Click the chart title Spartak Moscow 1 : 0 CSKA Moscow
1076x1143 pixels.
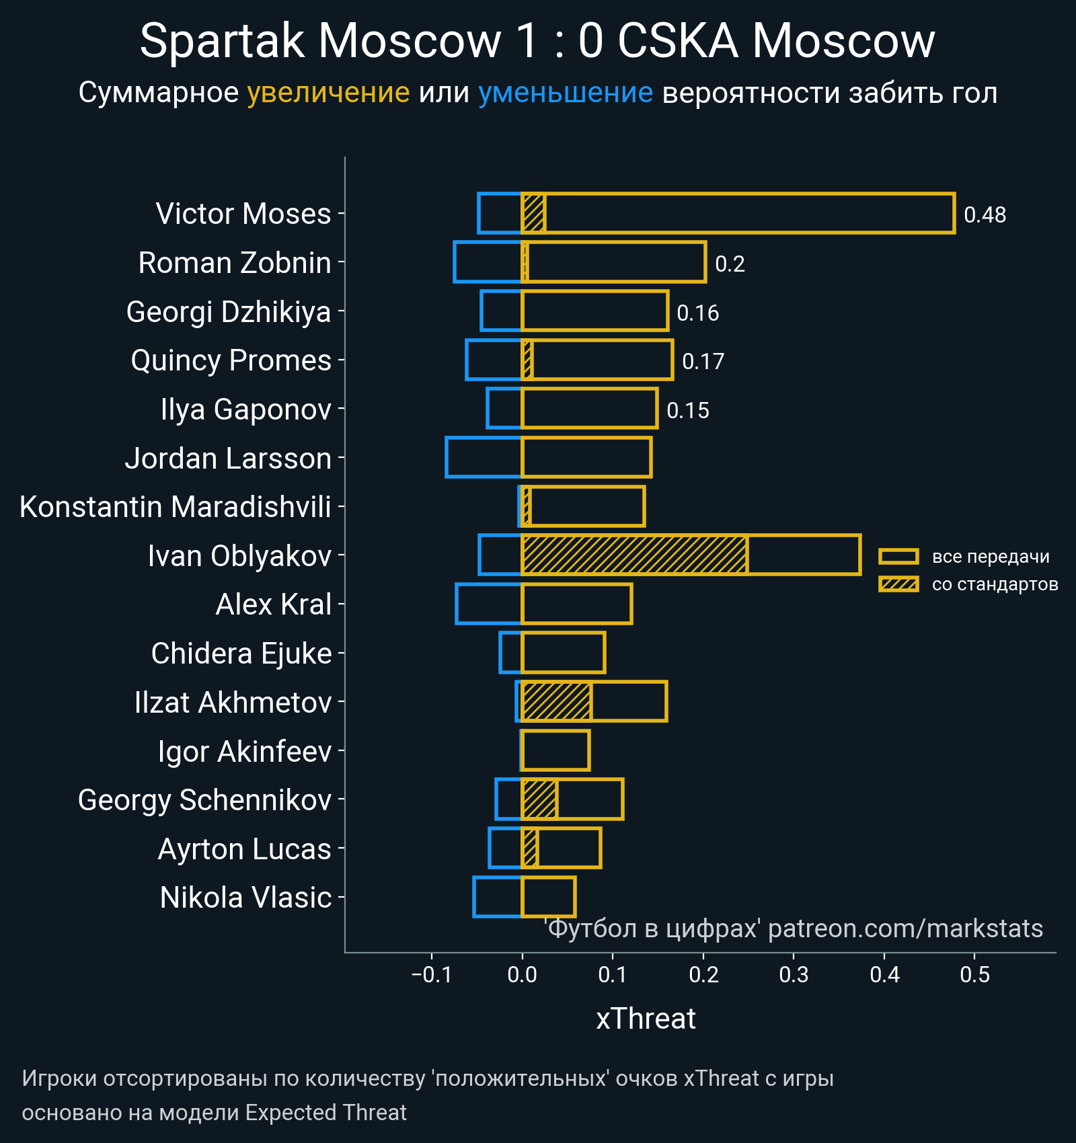pyautogui.click(x=537, y=41)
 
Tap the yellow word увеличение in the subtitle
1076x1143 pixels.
pyautogui.click(x=328, y=93)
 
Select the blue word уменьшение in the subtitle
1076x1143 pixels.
pyautogui.click(x=565, y=93)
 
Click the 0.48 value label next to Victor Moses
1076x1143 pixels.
pyautogui.click(x=985, y=214)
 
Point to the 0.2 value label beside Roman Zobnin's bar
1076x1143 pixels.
pyautogui.click(x=730, y=264)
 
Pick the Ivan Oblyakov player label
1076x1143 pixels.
pyautogui.click(x=239, y=556)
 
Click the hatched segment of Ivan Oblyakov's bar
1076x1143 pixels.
pyautogui.click(x=634, y=555)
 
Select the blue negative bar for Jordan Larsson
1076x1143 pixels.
pyautogui.click(x=484, y=457)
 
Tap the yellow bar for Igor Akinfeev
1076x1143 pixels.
pyautogui.click(x=555, y=750)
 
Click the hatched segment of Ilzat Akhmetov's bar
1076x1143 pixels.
pyautogui.click(x=557, y=701)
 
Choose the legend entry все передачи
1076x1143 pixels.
pyautogui.click(x=990, y=557)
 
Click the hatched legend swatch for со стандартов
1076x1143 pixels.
pyautogui.click(x=898, y=584)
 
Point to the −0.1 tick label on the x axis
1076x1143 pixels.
pyautogui.click(x=432, y=974)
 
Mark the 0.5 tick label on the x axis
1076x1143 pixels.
pyautogui.click(x=974, y=974)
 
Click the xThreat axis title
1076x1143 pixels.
pyautogui.click(x=646, y=1019)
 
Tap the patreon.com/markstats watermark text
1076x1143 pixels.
pyautogui.click(x=905, y=929)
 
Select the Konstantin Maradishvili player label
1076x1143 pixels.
pyautogui.click(x=176, y=507)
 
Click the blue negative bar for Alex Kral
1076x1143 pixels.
pyautogui.click(x=489, y=604)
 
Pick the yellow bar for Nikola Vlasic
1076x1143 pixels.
pyautogui.click(x=549, y=897)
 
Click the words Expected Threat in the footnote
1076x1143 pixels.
pyautogui.click(x=325, y=1113)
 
